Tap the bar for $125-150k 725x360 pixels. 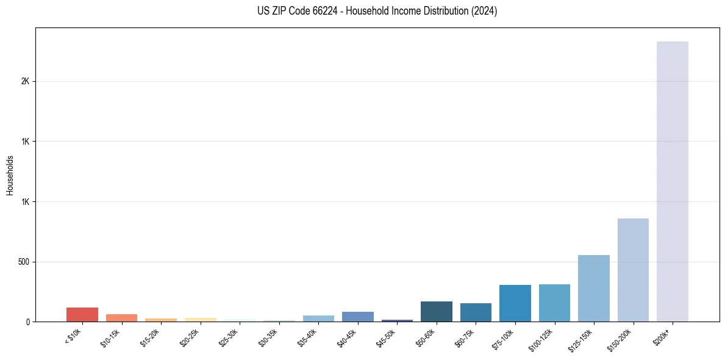[x=593, y=288]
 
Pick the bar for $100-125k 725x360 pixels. [x=554, y=303]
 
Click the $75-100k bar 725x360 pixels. [x=515, y=303]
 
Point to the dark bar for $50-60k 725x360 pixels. [x=436, y=311]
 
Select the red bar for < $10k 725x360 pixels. [x=82, y=314]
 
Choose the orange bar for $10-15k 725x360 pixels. [x=121, y=318]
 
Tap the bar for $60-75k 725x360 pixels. [x=476, y=312]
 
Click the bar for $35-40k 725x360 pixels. [x=318, y=319]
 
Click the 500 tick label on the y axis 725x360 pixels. [x=23, y=262]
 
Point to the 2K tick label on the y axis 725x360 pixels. [x=24, y=81]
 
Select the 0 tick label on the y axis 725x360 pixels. [x=28, y=322]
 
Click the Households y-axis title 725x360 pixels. [x=10, y=175]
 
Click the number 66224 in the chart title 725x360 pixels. [x=315, y=11]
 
